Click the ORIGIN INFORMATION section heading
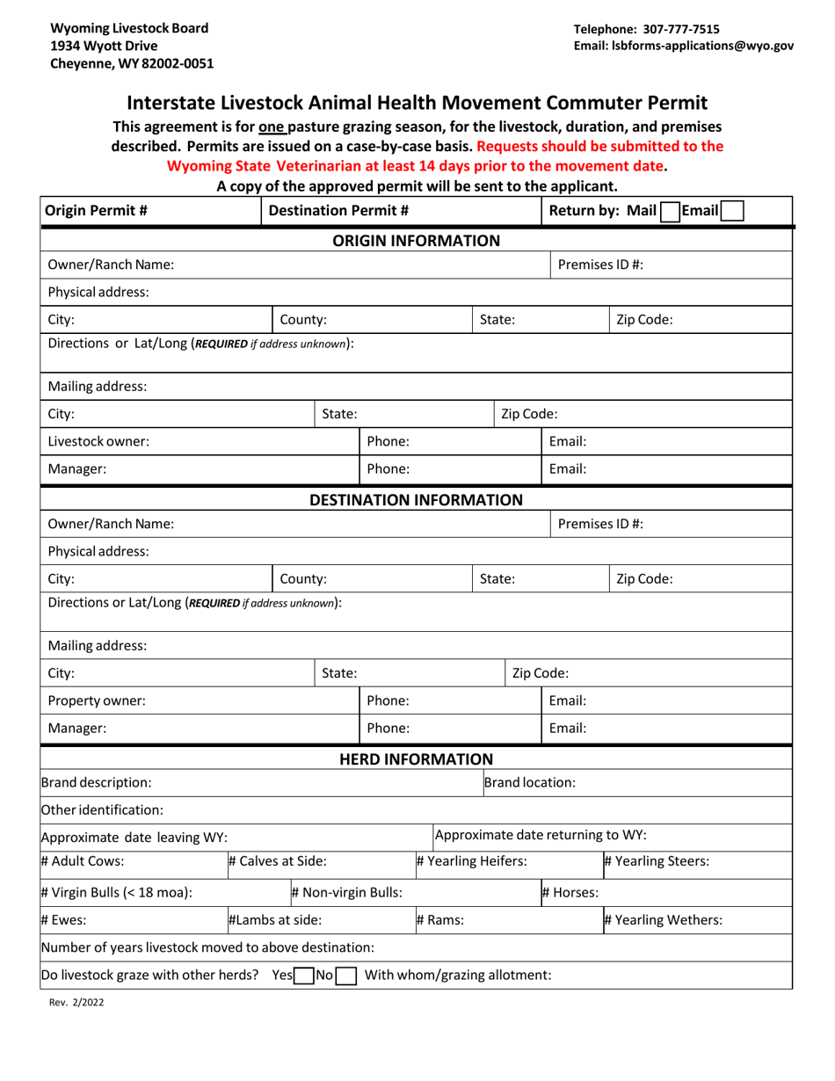coord(417,241)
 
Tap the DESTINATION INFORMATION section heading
coord(417,500)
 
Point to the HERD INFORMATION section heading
coord(417,758)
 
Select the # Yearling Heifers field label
coord(471,861)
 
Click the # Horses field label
coord(570,893)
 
